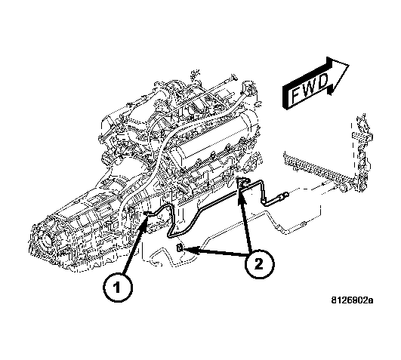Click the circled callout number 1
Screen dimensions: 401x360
pyautogui.click(x=117, y=288)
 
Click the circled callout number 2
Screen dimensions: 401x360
pyautogui.click(x=259, y=263)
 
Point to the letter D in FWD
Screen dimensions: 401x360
pyautogui.click(x=323, y=81)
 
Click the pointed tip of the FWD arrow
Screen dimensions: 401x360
pyautogui.click(x=349, y=65)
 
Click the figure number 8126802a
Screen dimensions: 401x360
pyautogui.click(x=352, y=300)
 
